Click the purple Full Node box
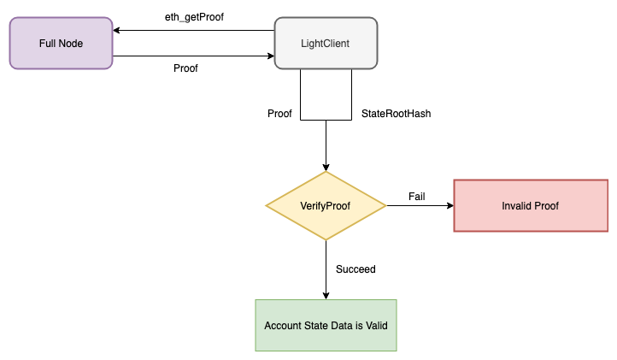(61, 43)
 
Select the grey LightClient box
(326, 43)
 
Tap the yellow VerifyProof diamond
(326, 205)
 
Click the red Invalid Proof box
(530, 205)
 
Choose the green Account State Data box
(326, 325)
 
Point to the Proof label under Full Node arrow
(185, 68)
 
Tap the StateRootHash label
(396, 114)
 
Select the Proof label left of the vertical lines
(279, 114)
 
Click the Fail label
(417, 197)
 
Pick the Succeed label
(356, 269)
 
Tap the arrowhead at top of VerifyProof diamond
(326, 167)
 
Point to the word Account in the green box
(284, 325)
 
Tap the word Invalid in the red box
(514, 205)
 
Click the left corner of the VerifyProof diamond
(267, 205)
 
